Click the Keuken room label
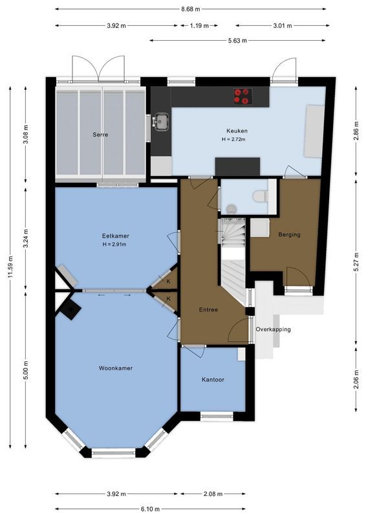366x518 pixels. click(x=237, y=131)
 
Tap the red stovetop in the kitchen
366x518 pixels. click(x=242, y=96)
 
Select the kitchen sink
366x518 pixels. click(x=160, y=121)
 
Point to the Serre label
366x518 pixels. click(x=100, y=135)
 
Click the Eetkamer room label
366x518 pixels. click(x=114, y=235)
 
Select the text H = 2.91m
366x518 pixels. click(x=114, y=244)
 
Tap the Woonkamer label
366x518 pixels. click(x=116, y=368)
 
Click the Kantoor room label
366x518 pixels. click(x=213, y=379)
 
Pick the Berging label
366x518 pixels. click(x=289, y=234)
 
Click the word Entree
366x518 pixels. click(x=208, y=310)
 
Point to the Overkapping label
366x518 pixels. click(x=273, y=329)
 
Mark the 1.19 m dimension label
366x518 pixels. click(x=199, y=26)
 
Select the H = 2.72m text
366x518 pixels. click(x=237, y=140)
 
